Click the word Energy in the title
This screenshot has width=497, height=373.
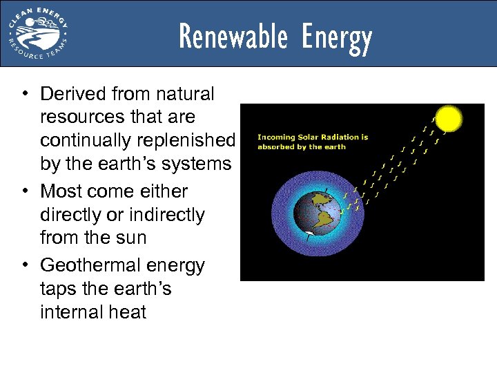[x=336, y=37]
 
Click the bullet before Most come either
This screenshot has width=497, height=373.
[x=25, y=191]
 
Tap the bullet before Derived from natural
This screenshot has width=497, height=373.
[x=25, y=93]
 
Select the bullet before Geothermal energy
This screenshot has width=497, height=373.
[x=25, y=265]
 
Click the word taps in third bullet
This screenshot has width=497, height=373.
[x=60, y=289]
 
